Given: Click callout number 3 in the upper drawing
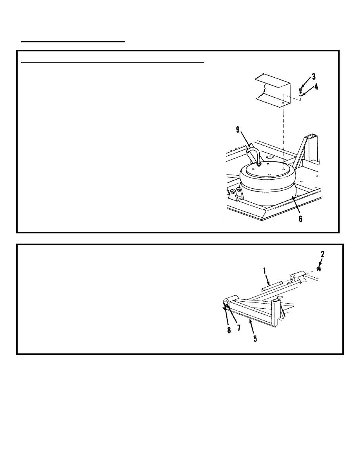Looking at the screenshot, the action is tap(313, 76).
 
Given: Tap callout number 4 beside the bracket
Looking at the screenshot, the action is tap(316, 87).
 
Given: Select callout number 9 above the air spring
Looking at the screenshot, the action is tap(238, 130).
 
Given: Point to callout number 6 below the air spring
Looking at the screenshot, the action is tap(301, 219).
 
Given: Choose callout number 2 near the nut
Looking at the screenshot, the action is tap(323, 254).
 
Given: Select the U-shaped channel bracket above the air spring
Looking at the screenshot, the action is tap(273, 89).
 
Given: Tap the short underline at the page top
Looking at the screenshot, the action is tap(73, 42).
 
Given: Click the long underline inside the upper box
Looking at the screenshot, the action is tap(113, 63).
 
